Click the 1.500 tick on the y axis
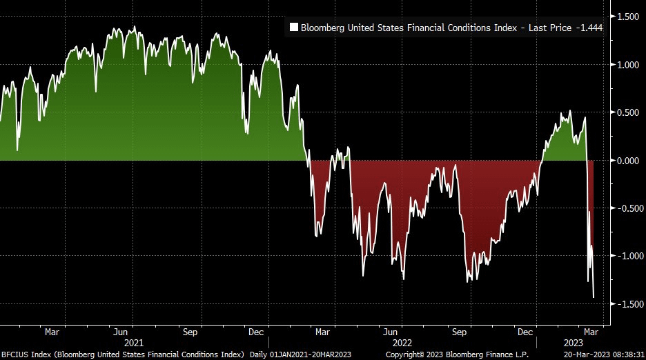coord(627,17)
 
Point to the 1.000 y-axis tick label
coord(627,65)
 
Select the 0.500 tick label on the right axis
coord(627,112)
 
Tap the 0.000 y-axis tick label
coord(627,161)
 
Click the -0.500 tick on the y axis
coord(626,208)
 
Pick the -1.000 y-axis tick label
coord(626,256)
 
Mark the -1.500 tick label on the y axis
coord(626,304)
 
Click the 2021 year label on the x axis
coord(134,342)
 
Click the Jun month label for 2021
coord(119,331)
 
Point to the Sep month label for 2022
coord(459,331)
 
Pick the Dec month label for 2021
coord(257,331)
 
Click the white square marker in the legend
coord(294,28)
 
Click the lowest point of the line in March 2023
coord(594,297)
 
